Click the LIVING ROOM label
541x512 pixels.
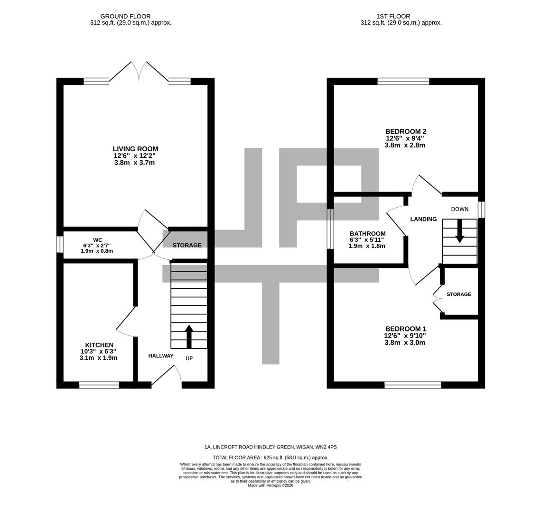pyautogui.click(x=135, y=149)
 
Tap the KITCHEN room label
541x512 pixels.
pyautogui.click(x=99, y=345)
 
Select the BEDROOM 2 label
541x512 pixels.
pyautogui.click(x=405, y=131)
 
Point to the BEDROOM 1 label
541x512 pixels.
pyautogui.click(x=405, y=329)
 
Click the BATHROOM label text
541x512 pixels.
pyautogui.click(x=367, y=233)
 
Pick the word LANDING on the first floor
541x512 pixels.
pyautogui.click(x=423, y=219)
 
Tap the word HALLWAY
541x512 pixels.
pyautogui.click(x=161, y=356)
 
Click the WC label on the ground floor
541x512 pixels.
pyautogui.click(x=97, y=240)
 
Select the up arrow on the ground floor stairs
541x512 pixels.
pyautogui.click(x=189, y=336)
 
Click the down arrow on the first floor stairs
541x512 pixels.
pyautogui.click(x=459, y=231)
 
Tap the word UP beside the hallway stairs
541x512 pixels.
pyautogui.click(x=189, y=358)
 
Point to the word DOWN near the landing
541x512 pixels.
pyautogui.click(x=459, y=209)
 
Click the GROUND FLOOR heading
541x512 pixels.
pyautogui.click(x=125, y=16)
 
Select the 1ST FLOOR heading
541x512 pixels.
pyautogui.click(x=393, y=16)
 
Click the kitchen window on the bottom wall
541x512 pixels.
pyautogui.click(x=99, y=385)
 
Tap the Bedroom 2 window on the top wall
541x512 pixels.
pyautogui.click(x=403, y=81)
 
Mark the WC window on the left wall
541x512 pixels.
pyautogui.click(x=60, y=245)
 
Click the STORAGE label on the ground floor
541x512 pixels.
pyautogui.click(x=187, y=245)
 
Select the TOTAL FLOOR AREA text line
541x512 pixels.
pyautogui.click(x=270, y=457)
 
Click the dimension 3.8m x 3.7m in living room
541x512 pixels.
pyautogui.click(x=134, y=163)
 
